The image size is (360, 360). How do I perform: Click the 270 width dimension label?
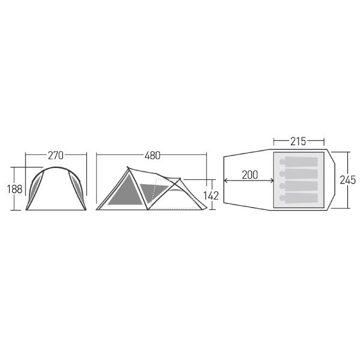pyautogui.click(x=56, y=155)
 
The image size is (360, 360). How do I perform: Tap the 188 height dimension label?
pyautogui.click(x=14, y=189)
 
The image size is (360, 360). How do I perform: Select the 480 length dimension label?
pyautogui.click(x=152, y=155)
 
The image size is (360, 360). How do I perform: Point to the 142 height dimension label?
pyautogui.click(x=211, y=196)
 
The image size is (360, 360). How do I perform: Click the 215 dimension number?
pyautogui.click(x=298, y=142)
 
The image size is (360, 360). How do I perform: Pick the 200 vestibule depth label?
pyautogui.click(x=250, y=175)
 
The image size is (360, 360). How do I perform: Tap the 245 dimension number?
pyautogui.click(x=347, y=180)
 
